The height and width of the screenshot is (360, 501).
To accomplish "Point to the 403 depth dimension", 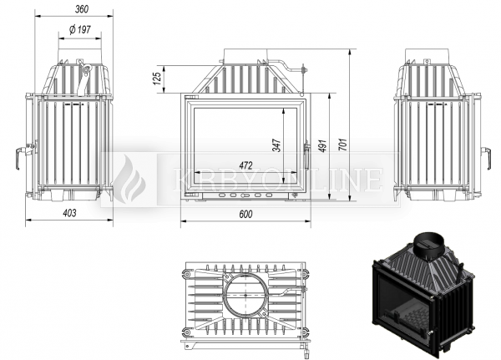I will pyautogui.click(x=69, y=213).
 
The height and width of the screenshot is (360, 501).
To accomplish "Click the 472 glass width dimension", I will pyautogui.click(x=245, y=166).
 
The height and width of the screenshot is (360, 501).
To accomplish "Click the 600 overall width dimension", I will pyautogui.click(x=245, y=215).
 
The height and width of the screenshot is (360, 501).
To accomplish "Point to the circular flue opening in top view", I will pyautogui.click(x=246, y=296).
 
